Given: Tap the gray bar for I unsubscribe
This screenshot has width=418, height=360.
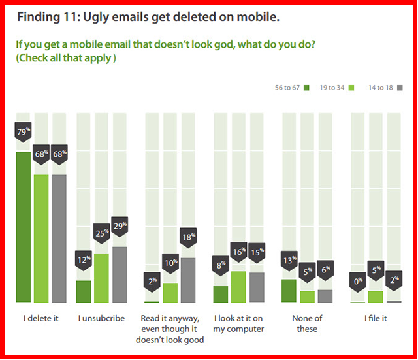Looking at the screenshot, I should click(120, 274).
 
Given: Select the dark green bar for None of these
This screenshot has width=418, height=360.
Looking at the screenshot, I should click(289, 291).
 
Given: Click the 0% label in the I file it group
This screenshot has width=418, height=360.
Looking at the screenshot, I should click(357, 281).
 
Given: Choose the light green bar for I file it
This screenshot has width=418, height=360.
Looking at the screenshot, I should click(376, 297).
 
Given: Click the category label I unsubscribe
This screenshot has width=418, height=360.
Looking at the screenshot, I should click(102, 318).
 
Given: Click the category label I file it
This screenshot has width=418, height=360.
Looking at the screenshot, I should click(376, 318).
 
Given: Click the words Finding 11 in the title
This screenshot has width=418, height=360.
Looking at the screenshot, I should click(46, 18).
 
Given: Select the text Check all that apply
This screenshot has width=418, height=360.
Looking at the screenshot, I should click(66, 57).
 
